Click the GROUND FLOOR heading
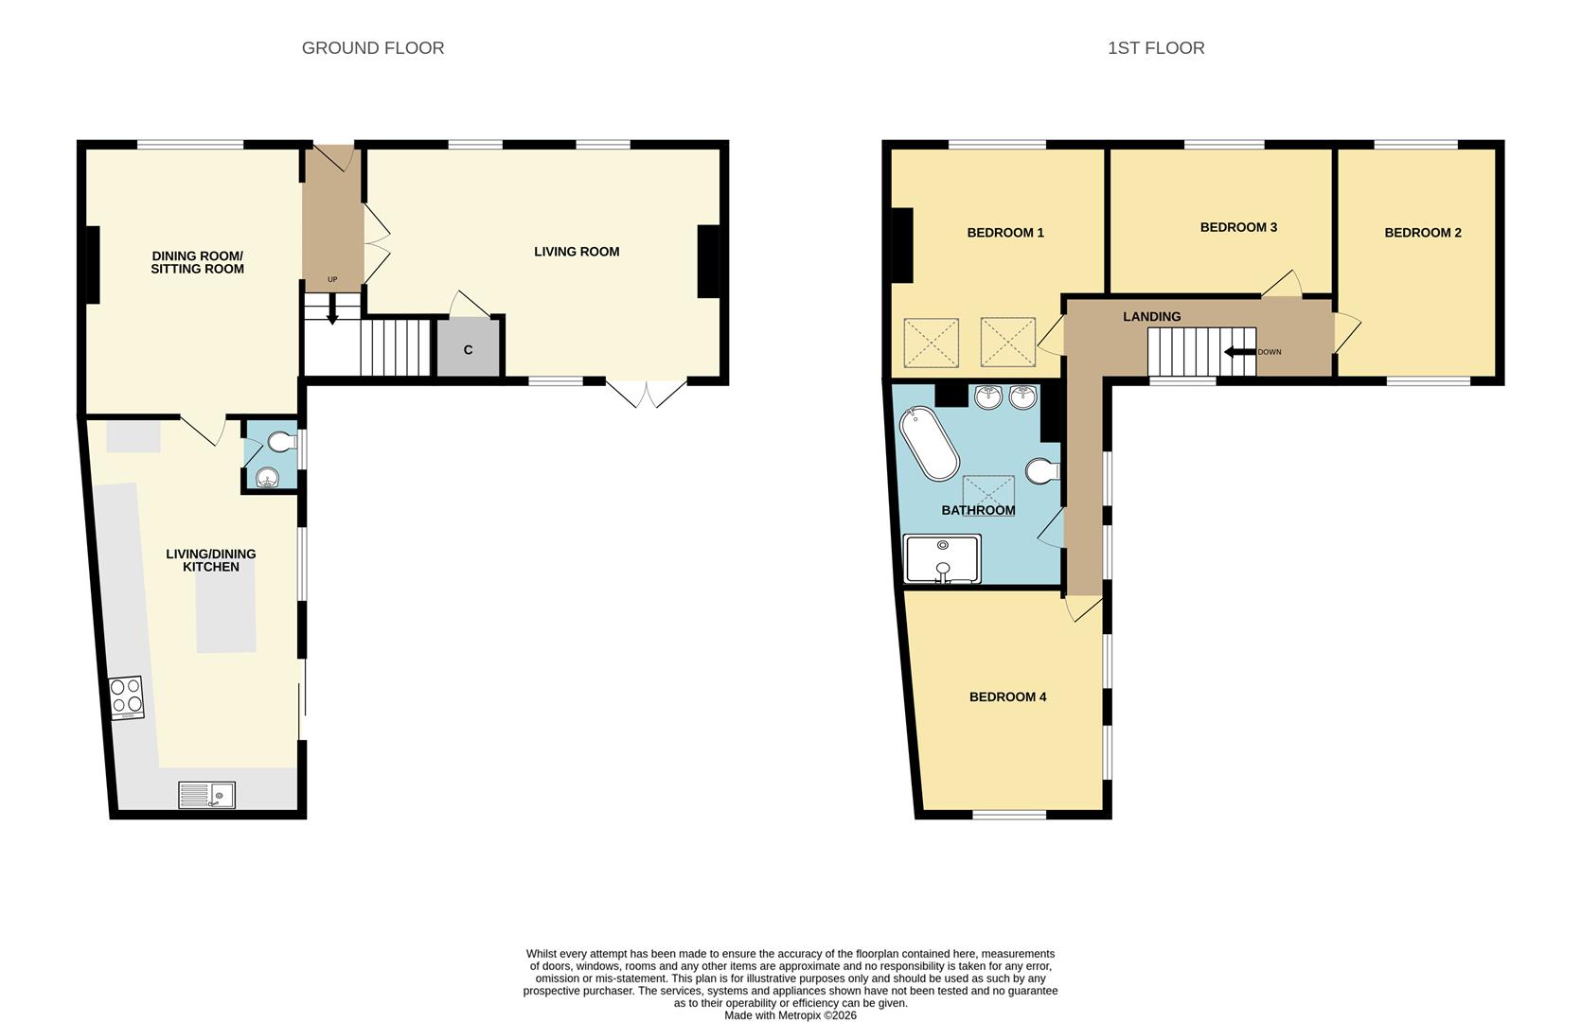(x=372, y=48)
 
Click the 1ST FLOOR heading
(x=1155, y=48)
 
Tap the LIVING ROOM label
(x=576, y=252)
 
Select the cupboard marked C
(x=468, y=349)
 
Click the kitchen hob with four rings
(x=126, y=697)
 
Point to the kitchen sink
(x=206, y=795)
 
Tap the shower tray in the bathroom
(x=942, y=559)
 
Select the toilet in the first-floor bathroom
(x=1042, y=470)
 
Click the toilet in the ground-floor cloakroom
(x=282, y=442)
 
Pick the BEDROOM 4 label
(x=1007, y=697)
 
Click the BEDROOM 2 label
(x=1422, y=233)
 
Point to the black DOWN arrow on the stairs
(x=1239, y=352)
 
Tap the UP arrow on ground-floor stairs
(x=332, y=310)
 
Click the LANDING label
(x=1151, y=317)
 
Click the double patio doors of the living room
(x=646, y=393)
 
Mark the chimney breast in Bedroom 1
(x=901, y=245)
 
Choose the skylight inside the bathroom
(x=988, y=496)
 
